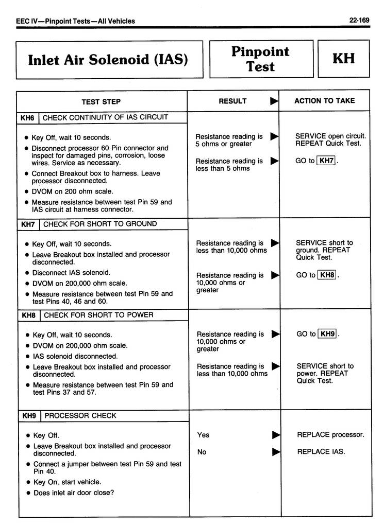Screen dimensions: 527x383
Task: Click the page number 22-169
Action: (x=359, y=21)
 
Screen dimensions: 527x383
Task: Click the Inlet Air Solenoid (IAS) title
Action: (x=108, y=60)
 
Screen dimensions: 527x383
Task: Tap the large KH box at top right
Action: (x=343, y=58)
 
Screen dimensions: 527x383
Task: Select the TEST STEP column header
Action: (x=101, y=102)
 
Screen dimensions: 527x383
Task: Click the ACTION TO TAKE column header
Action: (x=324, y=101)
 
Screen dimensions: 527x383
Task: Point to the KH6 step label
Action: (x=27, y=118)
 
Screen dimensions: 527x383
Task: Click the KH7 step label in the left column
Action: (x=28, y=224)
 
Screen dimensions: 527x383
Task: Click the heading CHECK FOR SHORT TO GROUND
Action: (x=100, y=224)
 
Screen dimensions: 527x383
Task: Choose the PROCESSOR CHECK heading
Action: (x=80, y=415)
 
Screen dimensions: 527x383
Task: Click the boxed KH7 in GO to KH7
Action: (x=326, y=161)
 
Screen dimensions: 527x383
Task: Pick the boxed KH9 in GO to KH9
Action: (x=328, y=334)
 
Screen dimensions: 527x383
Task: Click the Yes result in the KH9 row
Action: (x=203, y=435)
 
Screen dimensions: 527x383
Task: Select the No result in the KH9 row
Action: (x=202, y=452)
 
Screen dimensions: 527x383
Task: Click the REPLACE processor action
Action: (x=330, y=435)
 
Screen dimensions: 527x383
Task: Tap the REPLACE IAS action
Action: (x=321, y=452)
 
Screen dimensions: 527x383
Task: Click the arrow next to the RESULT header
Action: (x=274, y=101)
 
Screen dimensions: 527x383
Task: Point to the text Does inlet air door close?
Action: (x=74, y=493)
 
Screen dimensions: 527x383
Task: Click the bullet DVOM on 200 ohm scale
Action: (x=72, y=191)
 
